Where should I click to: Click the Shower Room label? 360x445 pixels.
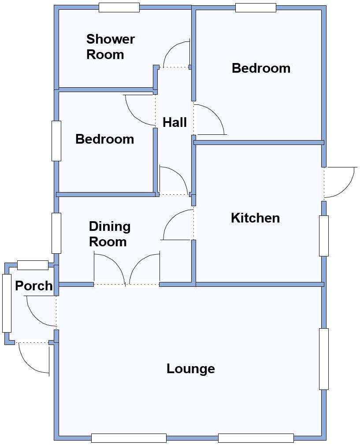pyautogui.click(x=111, y=47)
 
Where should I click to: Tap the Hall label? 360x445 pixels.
pyautogui.click(x=174, y=122)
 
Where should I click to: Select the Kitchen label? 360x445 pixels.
pyautogui.click(x=255, y=218)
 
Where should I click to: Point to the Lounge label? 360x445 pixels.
pyautogui.click(x=190, y=368)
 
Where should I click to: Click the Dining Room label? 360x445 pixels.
pyautogui.click(x=109, y=234)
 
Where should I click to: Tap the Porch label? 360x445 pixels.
pyautogui.click(x=33, y=286)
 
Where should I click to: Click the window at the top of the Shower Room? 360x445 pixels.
pyautogui.click(x=119, y=7)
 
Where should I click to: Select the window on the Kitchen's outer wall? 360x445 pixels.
pyautogui.click(x=323, y=236)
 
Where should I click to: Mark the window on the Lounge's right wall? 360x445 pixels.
pyautogui.click(x=323, y=359)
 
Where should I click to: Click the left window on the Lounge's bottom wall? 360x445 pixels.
pyautogui.click(x=129, y=438)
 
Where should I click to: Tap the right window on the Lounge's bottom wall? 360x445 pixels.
pyautogui.click(x=256, y=438)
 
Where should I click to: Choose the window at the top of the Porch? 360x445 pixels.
pyautogui.click(x=33, y=265)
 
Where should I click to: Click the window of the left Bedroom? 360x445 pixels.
pyautogui.click(x=56, y=141)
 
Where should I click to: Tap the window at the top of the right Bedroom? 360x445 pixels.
pyautogui.click(x=256, y=7)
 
